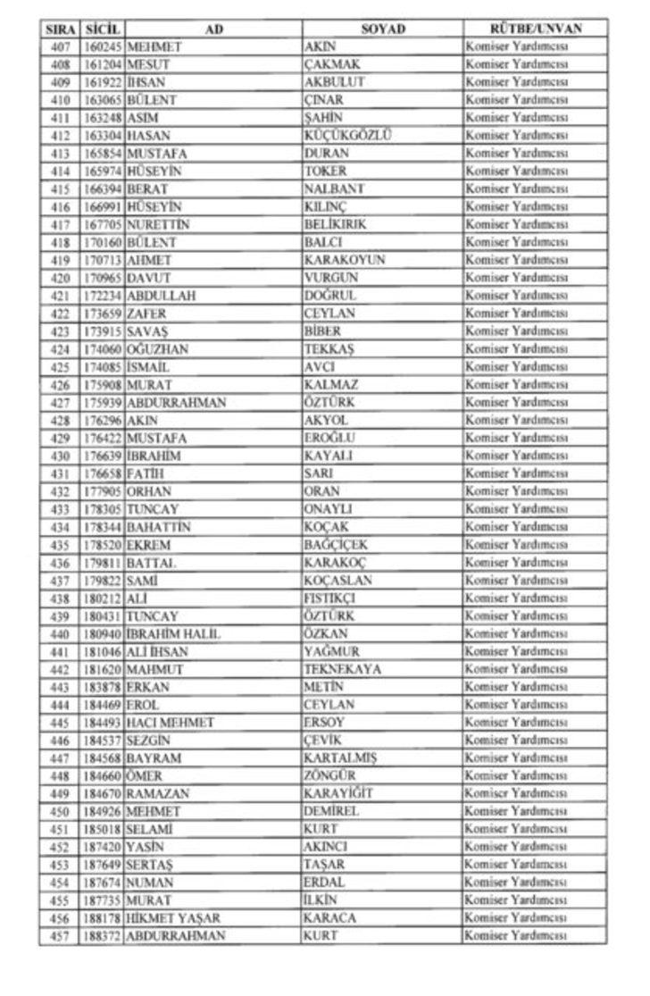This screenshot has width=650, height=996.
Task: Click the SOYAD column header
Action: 382,29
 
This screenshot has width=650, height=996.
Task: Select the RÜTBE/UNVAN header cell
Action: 535,29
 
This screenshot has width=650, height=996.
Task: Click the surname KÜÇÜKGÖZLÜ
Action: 347,136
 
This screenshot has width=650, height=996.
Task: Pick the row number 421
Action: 61,296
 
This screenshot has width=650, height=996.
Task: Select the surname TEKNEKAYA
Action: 342,669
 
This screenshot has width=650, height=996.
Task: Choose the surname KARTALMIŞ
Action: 340,758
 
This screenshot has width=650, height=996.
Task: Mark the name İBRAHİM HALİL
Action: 173,634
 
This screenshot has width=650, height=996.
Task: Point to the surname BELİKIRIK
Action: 335,224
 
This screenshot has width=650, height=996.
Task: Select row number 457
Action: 61,936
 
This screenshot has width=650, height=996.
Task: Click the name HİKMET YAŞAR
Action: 173,918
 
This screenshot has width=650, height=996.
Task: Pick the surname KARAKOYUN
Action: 344,260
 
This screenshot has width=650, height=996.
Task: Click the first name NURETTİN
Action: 158,224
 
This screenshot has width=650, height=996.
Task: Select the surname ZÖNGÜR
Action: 329,776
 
